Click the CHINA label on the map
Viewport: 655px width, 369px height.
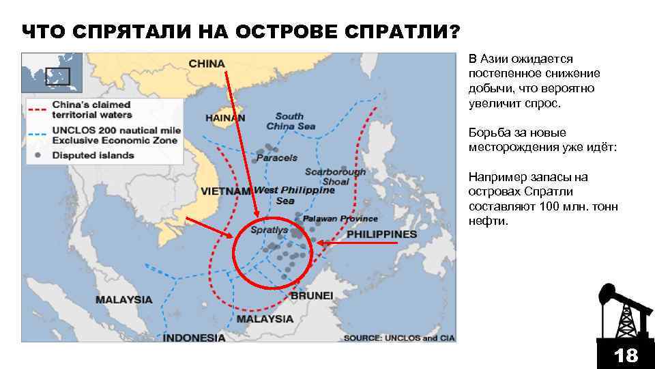206,64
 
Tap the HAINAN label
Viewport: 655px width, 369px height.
225,118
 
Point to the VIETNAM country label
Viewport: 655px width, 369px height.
226,191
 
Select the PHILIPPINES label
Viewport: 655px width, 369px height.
381,234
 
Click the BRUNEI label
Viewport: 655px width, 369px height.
312,296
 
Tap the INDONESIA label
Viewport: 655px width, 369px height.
194,338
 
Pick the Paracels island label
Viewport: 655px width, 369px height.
277,158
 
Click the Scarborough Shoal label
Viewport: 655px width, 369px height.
335,177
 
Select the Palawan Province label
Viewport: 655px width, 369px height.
340,219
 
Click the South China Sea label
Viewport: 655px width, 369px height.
291,121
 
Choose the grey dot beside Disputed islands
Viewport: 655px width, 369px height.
38,155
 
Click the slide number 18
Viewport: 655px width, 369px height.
625,355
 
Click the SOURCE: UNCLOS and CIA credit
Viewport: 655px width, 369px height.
399,338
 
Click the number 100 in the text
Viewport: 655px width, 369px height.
550,206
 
